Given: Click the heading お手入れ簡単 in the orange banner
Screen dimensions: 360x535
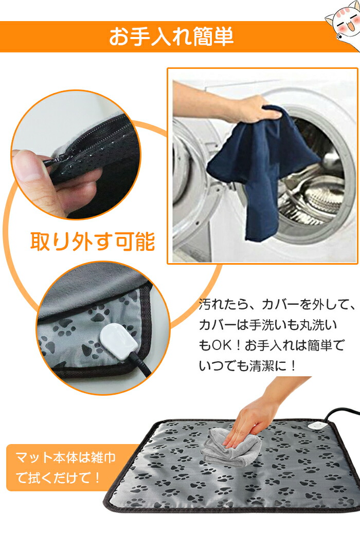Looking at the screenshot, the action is (171, 37).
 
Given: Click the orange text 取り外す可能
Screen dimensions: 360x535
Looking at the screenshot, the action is (93, 242).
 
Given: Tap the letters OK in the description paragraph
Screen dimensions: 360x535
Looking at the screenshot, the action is (221, 345).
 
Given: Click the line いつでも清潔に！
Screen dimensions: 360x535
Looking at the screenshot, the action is (248, 366).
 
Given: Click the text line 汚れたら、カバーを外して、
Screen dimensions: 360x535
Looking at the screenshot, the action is (277, 304).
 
